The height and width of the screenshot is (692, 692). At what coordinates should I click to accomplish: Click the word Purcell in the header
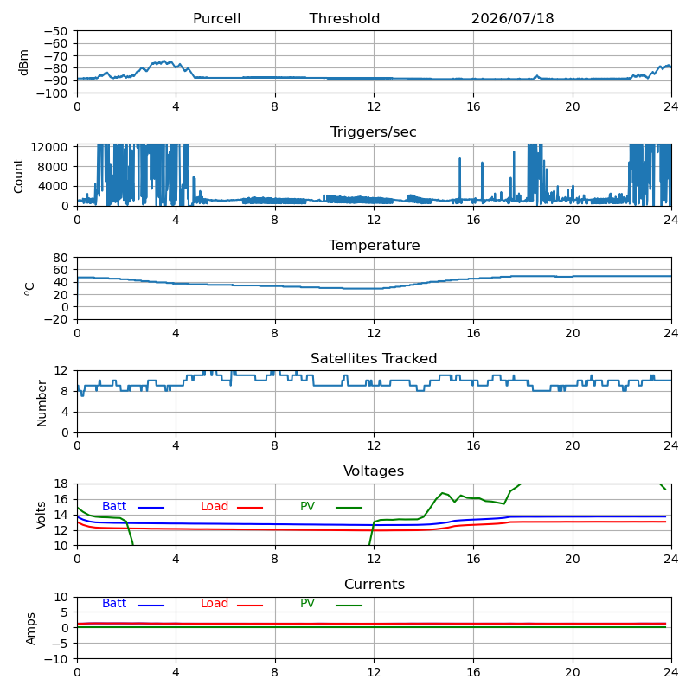217,18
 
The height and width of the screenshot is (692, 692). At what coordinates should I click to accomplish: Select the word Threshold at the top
344,18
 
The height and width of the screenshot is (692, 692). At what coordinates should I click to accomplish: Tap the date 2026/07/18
512,18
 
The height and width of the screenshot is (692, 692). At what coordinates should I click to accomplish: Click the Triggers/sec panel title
374,132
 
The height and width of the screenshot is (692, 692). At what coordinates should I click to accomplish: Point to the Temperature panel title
375,245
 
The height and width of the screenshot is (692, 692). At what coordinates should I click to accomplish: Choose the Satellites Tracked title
374,358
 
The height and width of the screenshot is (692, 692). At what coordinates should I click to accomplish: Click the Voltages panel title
374,471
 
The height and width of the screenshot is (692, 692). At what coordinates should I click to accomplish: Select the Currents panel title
375,585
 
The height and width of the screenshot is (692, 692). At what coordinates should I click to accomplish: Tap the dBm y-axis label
24,62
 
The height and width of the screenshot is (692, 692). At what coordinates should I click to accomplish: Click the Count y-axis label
18,176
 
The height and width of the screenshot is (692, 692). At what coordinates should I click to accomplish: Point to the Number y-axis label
42,403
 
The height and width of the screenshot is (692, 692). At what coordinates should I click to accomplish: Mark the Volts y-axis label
41,515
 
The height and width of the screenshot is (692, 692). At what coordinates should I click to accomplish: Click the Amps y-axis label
30,629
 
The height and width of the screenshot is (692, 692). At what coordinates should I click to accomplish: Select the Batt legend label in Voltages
114,506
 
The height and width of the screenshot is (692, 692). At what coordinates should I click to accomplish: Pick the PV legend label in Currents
307,603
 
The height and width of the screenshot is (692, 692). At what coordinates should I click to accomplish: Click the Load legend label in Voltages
215,506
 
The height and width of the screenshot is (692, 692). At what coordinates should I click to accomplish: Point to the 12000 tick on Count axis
49,147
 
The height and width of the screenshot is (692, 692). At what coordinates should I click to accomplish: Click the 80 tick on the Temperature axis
61,258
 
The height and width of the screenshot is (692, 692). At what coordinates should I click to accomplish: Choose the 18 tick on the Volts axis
61,484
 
